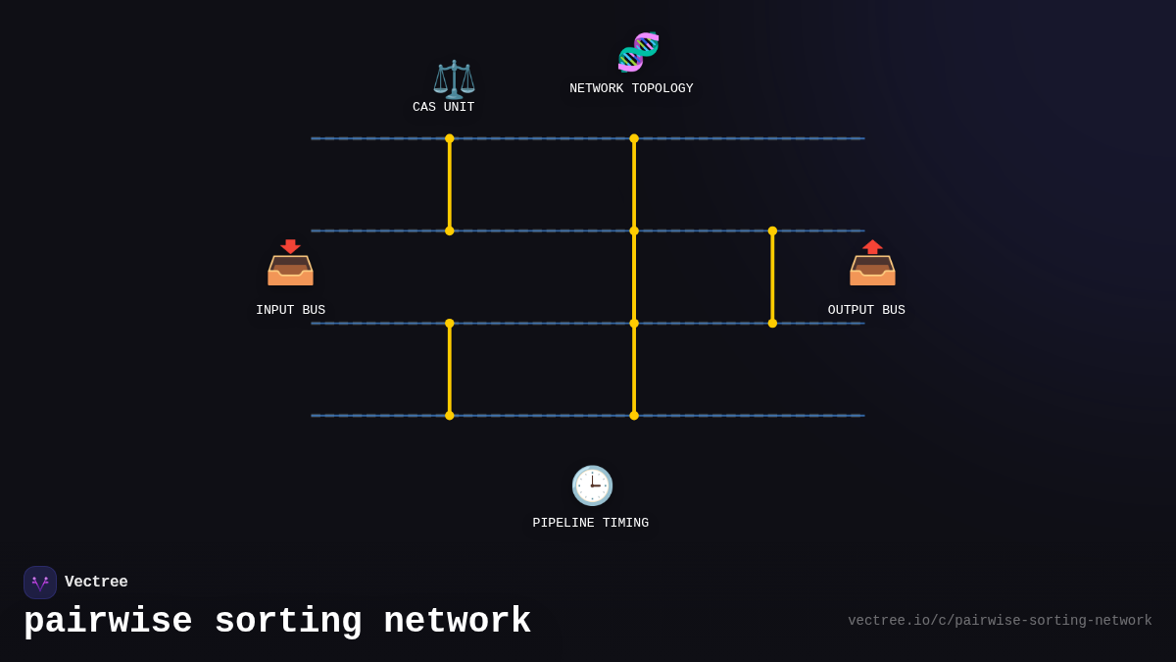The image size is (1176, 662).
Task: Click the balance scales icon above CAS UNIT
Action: click(454, 78)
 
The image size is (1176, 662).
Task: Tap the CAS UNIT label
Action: click(443, 107)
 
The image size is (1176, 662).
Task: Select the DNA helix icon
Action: click(638, 52)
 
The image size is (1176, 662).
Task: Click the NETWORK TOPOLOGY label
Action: click(631, 88)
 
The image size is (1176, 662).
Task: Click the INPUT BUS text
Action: click(290, 310)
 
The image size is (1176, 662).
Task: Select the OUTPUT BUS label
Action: click(866, 310)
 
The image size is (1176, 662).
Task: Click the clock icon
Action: click(592, 485)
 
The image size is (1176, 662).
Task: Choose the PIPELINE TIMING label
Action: click(590, 523)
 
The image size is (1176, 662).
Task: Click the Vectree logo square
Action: click(40, 583)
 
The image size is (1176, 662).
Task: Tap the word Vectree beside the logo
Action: click(96, 582)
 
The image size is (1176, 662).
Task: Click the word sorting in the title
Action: click(288, 622)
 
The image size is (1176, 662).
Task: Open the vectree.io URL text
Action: click(1000, 621)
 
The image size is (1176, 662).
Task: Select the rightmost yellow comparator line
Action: click(772, 278)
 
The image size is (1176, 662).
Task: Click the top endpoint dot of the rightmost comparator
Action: click(772, 231)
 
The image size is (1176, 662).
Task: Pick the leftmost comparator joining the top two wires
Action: click(450, 184)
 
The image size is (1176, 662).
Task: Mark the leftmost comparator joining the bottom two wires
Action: click(450, 370)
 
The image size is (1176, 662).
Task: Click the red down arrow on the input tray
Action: click(290, 246)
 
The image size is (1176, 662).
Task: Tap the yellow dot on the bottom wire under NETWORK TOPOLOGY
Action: click(634, 416)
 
